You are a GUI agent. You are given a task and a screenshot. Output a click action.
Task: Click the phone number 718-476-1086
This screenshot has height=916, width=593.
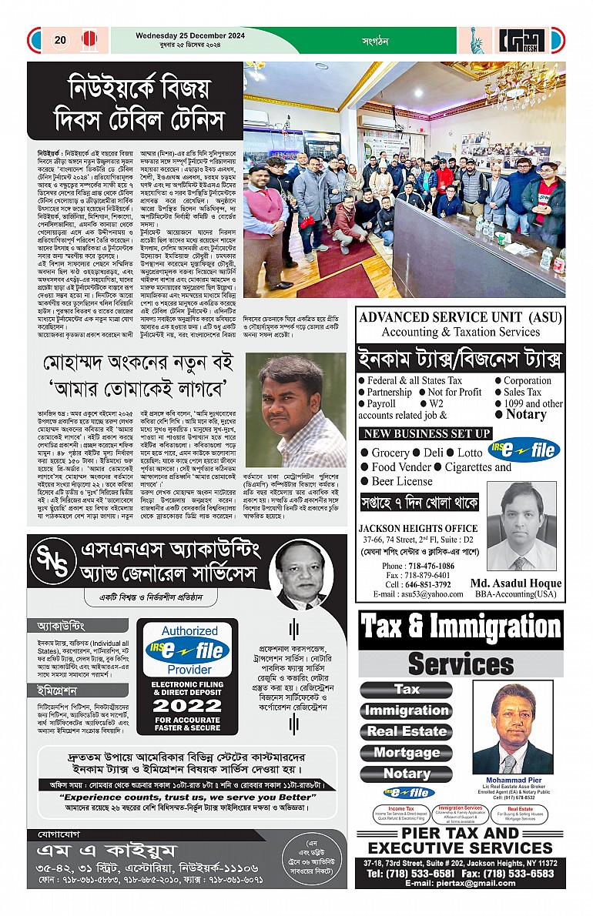point(428,566)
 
